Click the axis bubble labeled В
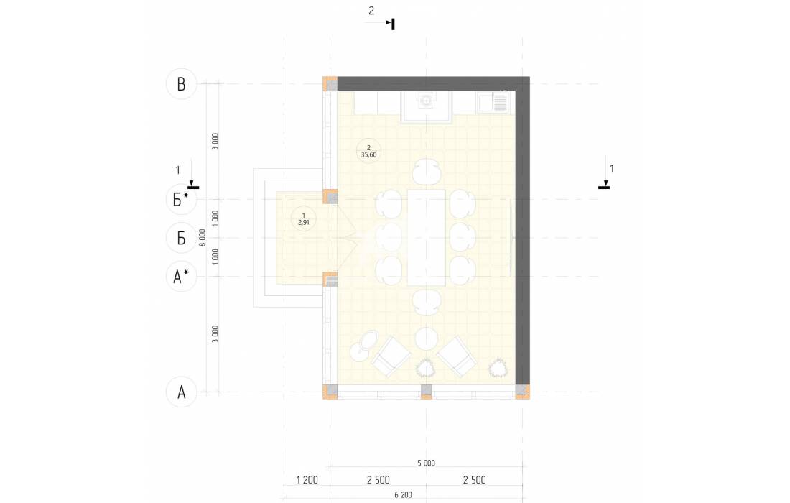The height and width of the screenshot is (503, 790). click(182, 84)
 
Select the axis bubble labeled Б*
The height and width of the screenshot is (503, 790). click(182, 200)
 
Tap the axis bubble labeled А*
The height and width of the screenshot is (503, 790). click(182, 276)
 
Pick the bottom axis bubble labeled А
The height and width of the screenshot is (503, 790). click(182, 392)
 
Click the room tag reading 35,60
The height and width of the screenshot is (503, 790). click(369, 151)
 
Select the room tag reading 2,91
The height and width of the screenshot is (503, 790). click(303, 218)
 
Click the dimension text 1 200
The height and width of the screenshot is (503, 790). click(307, 480)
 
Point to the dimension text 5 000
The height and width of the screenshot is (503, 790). click(426, 463)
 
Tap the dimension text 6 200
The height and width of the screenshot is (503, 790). click(403, 495)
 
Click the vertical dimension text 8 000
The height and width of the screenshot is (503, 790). click(203, 237)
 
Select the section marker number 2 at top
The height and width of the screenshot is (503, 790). click(371, 11)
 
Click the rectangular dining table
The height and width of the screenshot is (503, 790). click(426, 237)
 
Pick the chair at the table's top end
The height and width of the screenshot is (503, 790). click(427, 172)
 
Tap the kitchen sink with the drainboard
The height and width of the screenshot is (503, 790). click(494, 102)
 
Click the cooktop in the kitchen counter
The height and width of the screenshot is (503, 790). click(426, 101)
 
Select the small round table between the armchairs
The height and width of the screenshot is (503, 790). click(427, 338)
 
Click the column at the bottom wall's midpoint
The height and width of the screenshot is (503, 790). click(426, 391)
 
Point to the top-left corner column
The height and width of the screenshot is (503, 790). click(330, 83)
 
